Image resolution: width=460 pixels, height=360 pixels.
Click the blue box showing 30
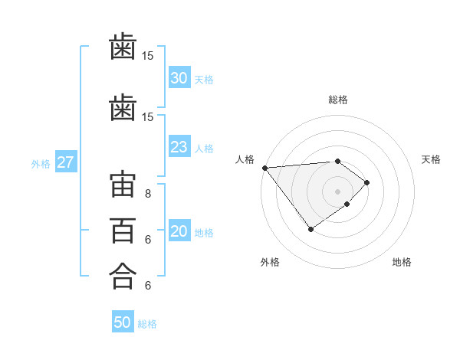(x=179, y=78)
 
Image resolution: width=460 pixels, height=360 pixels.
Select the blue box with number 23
(x=179, y=148)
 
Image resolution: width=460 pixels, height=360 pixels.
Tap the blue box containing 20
(x=179, y=232)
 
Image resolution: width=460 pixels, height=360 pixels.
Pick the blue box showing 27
(x=65, y=162)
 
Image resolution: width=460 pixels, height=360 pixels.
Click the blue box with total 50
(x=122, y=322)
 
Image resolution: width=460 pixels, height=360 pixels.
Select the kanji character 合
(x=123, y=275)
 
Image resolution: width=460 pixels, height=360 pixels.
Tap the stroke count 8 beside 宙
(x=147, y=194)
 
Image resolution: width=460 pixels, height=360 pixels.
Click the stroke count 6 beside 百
(x=147, y=239)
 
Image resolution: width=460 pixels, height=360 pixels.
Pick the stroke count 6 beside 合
(x=147, y=286)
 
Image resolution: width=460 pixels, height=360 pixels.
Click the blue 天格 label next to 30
(x=204, y=79)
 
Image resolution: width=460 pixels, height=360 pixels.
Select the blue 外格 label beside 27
(x=41, y=163)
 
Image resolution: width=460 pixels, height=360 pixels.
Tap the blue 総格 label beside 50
(x=147, y=324)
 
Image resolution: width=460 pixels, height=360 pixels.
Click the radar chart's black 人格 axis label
(x=245, y=159)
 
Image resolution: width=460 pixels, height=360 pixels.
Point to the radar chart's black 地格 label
(x=402, y=262)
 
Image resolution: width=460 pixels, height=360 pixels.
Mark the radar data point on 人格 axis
(x=264, y=168)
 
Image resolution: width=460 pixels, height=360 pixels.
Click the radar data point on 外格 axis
(x=310, y=229)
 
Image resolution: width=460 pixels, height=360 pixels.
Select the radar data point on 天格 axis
(x=367, y=182)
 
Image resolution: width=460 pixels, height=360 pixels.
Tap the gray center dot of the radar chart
(x=337, y=191)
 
